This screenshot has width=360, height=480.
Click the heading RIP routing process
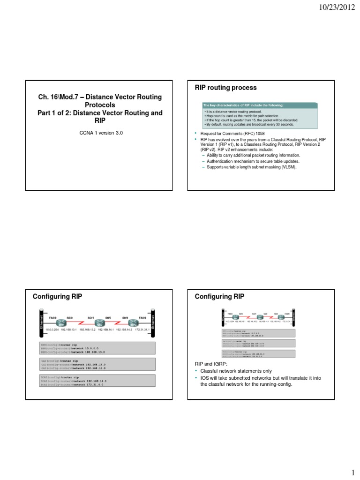click(225, 88)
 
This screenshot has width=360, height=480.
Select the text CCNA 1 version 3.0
click(100, 133)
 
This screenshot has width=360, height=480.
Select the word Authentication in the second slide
click(218, 161)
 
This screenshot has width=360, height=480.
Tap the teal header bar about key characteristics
click(252, 105)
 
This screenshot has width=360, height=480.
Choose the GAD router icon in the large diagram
click(99, 324)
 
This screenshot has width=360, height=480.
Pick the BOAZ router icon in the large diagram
click(134, 324)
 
